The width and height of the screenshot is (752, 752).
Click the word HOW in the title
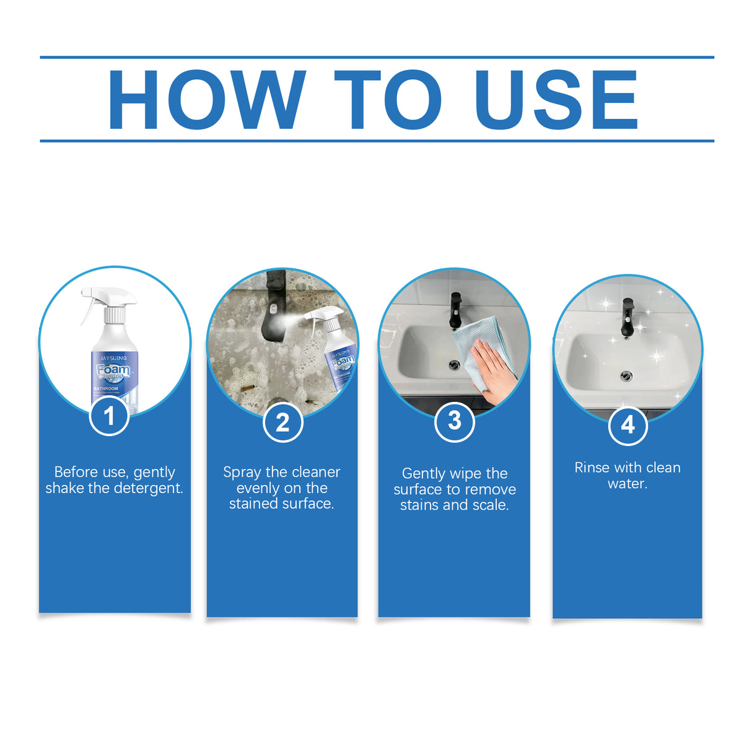pyautogui.click(x=206, y=100)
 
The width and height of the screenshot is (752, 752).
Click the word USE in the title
pyautogui.click(x=556, y=100)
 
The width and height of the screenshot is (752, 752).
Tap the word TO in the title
pyautogui.click(x=387, y=100)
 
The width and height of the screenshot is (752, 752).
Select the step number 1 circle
pyautogui.click(x=109, y=416)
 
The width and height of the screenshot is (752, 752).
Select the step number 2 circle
pyautogui.click(x=282, y=422)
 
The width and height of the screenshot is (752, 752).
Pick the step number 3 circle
pyautogui.click(x=455, y=421)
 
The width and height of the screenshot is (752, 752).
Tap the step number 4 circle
pyautogui.click(x=627, y=425)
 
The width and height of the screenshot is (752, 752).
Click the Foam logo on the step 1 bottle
pyautogui.click(x=113, y=370)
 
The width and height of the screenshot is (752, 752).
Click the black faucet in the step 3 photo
pyautogui.click(x=455, y=310)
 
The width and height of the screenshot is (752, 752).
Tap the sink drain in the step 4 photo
pyautogui.click(x=626, y=375)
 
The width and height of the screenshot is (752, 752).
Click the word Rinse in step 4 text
pyautogui.click(x=592, y=468)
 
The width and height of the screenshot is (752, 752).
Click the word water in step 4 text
pyautogui.click(x=627, y=484)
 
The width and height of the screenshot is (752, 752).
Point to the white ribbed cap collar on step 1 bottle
pyautogui.click(x=115, y=315)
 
